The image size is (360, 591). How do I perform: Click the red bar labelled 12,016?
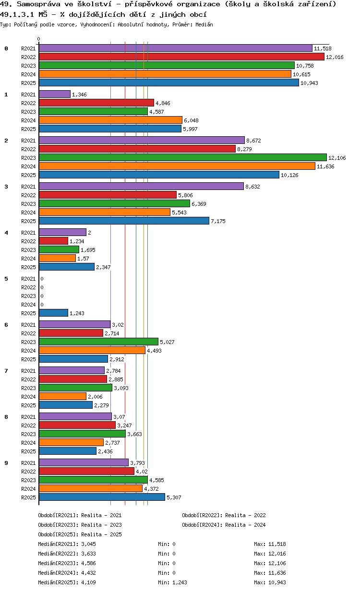(181, 57)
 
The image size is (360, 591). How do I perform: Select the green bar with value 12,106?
(182, 157)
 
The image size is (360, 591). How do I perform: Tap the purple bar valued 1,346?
(54, 94)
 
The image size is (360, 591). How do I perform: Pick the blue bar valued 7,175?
(124, 221)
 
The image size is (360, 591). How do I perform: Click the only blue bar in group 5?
(53, 313)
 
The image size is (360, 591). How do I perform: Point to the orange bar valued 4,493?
(92, 350)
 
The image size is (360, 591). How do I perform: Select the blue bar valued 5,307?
(102, 497)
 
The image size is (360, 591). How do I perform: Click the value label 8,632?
(252, 187)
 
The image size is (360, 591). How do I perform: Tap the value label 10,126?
(289, 175)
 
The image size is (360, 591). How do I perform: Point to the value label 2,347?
(103, 267)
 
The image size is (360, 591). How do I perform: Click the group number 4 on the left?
(6, 233)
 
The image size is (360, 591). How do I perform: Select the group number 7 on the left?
(6, 371)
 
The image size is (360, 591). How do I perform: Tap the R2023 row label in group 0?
(29, 66)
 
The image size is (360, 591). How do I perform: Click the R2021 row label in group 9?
(29, 463)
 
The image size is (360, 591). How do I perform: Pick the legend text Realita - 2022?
(245, 515)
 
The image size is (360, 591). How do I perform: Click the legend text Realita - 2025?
(101, 534)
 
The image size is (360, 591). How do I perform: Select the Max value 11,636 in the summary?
(278, 573)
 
